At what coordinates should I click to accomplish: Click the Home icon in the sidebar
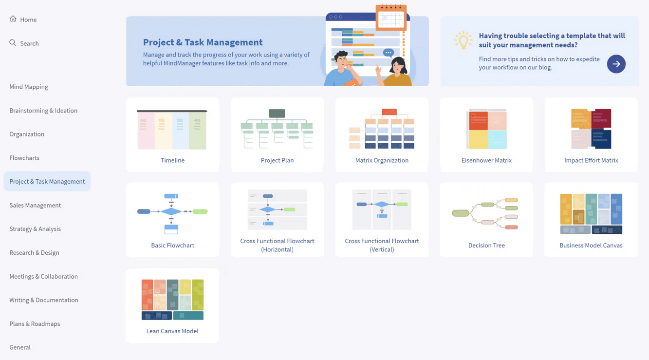click(x=13, y=19)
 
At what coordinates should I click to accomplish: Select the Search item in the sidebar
click(x=29, y=43)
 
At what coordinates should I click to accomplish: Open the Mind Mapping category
click(x=29, y=87)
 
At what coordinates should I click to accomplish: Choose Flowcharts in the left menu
click(x=24, y=158)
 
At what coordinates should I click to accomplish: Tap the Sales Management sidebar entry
click(x=35, y=205)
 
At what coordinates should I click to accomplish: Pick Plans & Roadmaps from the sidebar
click(x=35, y=323)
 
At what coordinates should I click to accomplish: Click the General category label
click(x=20, y=347)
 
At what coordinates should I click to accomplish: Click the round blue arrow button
click(x=616, y=64)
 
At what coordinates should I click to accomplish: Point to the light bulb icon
click(x=463, y=40)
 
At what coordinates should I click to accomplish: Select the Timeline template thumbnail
click(x=172, y=130)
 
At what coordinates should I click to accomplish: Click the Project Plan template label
click(x=277, y=160)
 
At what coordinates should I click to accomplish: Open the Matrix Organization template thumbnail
click(x=382, y=129)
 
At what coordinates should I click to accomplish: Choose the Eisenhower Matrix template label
click(x=486, y=160)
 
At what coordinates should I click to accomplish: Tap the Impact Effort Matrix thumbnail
click(x=591, y=129)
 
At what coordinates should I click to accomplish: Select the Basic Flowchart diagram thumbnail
click(x=172, y=213)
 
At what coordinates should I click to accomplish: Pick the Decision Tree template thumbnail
click(x=486, y=213)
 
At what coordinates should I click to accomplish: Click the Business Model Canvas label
click(x=591, y=246)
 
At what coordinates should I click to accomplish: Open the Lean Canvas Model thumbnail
click(x=172, y=300)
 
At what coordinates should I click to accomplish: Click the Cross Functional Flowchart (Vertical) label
click(x=382, y=245)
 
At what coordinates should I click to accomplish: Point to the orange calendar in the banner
click(x=391, y=18)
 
